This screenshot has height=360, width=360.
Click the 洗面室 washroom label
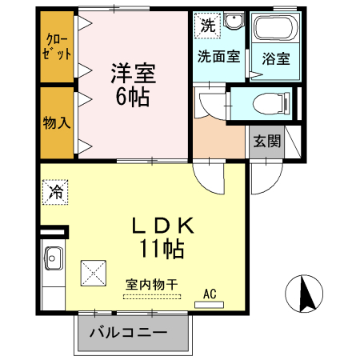[218, 57]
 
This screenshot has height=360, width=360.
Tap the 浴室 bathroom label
[274, 58]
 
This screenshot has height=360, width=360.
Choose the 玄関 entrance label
[267, 142]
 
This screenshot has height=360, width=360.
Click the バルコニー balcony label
[128, 332]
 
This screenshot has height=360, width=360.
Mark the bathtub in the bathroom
[274, 30]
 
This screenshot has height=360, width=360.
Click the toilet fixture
[265, 103]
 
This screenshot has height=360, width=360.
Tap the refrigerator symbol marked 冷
[56, 191]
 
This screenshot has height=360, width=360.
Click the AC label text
[210, 293]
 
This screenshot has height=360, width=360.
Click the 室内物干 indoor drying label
[151, 284]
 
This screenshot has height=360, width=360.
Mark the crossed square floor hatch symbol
[94, 273]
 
